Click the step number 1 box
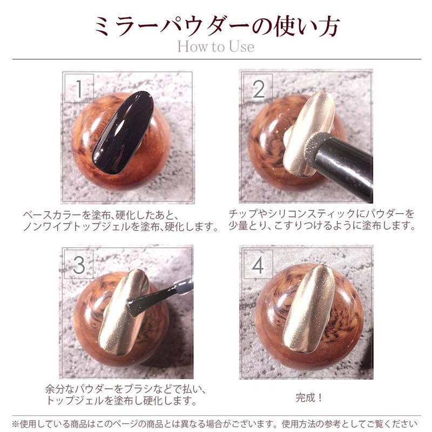click(x=79, y=88)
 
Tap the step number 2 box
click(x=258, y=88)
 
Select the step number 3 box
click(x=79, y=264)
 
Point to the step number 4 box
click(x=258, y=264)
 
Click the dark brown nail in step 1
click(x=123, y=132)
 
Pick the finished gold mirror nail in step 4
click(x=308, y=308)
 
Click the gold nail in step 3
click(x=124, y=313)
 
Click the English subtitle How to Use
click(x=215, y=46)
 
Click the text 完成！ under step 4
click(x=309, y=397)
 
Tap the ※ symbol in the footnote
click(x=15, y=423)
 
